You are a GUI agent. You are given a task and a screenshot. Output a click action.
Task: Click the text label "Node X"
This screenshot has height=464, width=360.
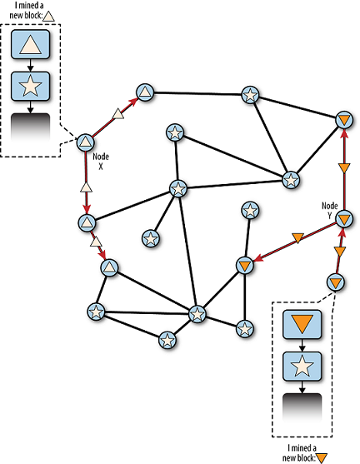pyautogui.click(x=101, y=162)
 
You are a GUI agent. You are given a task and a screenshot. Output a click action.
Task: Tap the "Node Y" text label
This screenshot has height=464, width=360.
pyautogui.click(x=329, y=211)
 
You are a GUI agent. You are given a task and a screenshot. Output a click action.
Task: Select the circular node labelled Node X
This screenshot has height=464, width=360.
pyautogui.click(x=86, y=142)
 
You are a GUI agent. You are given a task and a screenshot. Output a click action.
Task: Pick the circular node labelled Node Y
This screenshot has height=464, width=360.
pyautogui.click(x=344, y=219)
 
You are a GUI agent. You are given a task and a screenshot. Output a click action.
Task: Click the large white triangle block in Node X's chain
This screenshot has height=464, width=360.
pyautogui.click(x=30, y=44)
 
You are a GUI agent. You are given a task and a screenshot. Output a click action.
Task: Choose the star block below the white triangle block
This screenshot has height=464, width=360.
pyautogui.click(x=30, y=86)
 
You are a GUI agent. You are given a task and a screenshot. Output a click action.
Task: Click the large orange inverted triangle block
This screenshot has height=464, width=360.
pyautogui.click(x=302, y=324)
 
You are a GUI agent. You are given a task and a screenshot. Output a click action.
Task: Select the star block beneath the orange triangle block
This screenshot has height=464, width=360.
pyautogui.click(x=302, y=367)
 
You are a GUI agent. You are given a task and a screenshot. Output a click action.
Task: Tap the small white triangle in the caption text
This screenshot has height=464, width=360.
pyautogui.click(x=48, y=17)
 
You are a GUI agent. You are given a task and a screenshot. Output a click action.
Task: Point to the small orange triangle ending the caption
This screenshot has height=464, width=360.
pyautogui.click(x=322, y=458)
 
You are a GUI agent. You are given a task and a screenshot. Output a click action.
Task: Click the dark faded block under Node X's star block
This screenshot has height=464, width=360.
pyautogui.click(x=30, y=127)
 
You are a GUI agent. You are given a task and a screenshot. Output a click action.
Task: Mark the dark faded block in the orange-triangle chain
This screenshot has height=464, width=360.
pyautogui.click(x=302, y=407)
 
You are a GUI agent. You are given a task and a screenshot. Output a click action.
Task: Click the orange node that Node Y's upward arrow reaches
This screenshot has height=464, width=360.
pyautogui.click(x=345, y=121)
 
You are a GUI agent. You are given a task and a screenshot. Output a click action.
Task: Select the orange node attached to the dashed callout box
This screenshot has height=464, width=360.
pyautogui.click(x=336, y=282)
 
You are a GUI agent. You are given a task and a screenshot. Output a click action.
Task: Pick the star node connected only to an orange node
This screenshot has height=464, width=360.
pyautogui.click(x=251, y=211)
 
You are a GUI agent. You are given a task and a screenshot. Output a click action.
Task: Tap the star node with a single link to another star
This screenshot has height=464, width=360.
pyautogui.click(x=151, y=238)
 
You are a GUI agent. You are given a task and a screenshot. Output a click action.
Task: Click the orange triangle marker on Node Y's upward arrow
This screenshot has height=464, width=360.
pyautogui.click(x=344, y=168)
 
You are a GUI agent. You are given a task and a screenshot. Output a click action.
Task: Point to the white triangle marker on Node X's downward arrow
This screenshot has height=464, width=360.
pyautogui.click(x=86, y=187)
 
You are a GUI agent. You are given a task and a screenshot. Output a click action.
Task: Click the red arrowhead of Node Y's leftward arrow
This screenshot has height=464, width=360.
pyautogui.click(x=258, y=258)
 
